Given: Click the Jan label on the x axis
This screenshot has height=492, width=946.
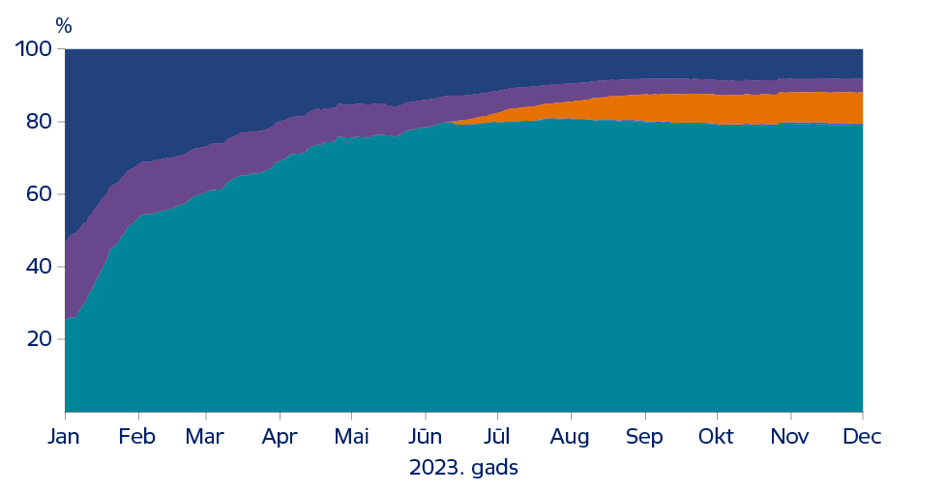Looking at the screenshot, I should [65, 437].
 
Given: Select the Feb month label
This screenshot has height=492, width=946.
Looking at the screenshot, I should [136, 437].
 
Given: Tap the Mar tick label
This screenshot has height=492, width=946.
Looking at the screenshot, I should [204, 437].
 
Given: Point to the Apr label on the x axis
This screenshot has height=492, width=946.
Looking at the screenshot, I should [281, 437].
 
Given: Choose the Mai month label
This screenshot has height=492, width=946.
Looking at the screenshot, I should [352, 437].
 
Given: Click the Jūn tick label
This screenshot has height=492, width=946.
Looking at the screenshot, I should [425, 437].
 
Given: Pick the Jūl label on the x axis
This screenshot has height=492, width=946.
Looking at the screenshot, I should [497, 437].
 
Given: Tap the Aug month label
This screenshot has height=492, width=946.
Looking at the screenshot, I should [571, 437].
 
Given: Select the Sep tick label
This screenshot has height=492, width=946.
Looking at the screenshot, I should [644, 437].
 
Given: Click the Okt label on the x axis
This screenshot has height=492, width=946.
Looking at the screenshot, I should [717, 437].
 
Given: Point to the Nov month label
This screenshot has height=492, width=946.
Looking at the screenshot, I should [790, 437].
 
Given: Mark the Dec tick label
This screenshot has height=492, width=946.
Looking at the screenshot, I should [862, 437].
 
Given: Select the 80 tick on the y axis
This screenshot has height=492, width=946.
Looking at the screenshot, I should [40, 122].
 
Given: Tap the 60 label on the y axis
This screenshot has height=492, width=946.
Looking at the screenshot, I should [40, 194].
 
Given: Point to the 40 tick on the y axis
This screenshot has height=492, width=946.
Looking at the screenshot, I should [40, 267].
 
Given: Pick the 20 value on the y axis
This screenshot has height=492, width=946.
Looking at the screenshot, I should [40, 339].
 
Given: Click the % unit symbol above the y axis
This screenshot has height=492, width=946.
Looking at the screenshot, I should [64, 26].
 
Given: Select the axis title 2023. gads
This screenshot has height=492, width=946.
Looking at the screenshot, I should [464, 469].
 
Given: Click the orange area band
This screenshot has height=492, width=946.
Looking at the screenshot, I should [754, 108].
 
